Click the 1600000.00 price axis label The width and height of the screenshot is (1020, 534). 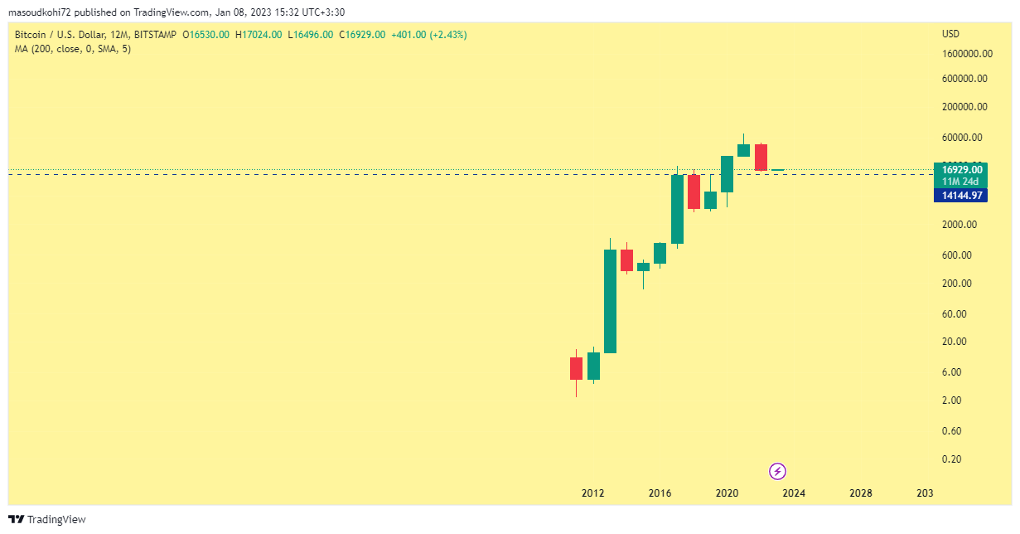(968, 54)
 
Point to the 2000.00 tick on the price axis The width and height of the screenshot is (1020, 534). (960, 225)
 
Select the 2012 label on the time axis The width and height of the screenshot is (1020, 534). (592, 493)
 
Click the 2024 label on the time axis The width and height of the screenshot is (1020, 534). (794, 493)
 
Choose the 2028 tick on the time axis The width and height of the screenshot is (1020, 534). (861, 493)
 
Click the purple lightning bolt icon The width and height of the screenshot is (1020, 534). (777, 472)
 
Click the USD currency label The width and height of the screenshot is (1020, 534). (950, 34)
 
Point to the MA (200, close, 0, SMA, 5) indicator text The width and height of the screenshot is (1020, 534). (73, 49)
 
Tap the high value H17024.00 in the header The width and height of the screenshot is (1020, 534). (259, 35)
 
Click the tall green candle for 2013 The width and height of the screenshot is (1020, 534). (610, 301)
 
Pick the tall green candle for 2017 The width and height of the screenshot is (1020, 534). (677, 209)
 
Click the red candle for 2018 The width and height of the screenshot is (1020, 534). (694, 192)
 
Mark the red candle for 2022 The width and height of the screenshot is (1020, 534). (761, 158)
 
